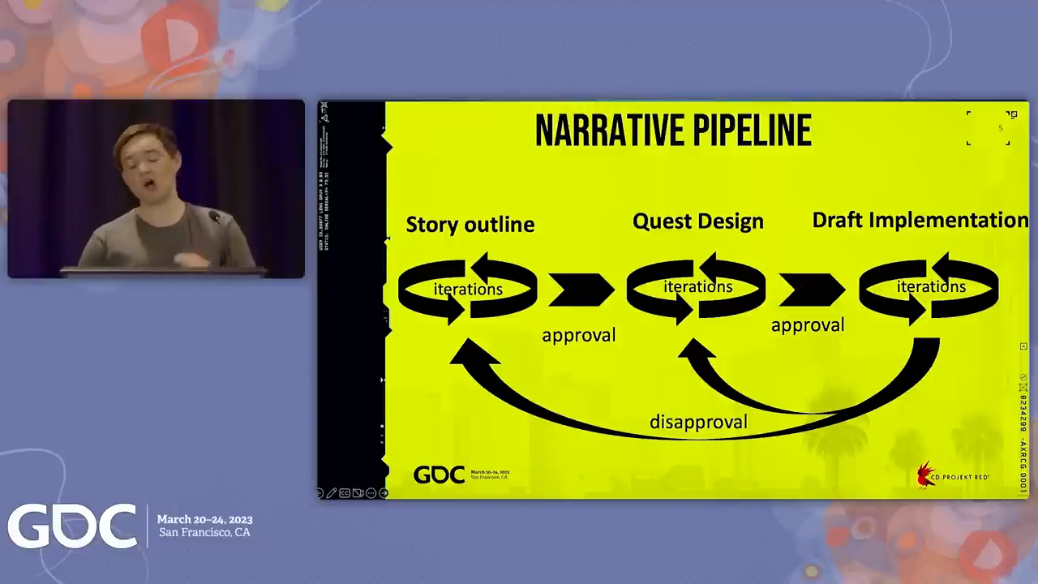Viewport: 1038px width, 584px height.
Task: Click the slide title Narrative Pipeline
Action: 673,131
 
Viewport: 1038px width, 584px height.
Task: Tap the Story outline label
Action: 470,225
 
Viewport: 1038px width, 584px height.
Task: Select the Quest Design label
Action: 697,221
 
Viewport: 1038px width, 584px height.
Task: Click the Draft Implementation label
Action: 920,220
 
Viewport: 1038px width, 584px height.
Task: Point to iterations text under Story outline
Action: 468,289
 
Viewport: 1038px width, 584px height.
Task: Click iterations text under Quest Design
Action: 697,286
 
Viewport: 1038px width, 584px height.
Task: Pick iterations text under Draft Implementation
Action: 930,286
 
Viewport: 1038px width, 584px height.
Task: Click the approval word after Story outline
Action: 578,335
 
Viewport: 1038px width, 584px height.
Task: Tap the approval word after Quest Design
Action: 807,325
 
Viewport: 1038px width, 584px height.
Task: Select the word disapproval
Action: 698,422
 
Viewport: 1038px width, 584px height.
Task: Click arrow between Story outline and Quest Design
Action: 581,290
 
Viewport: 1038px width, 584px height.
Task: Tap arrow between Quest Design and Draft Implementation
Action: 811,290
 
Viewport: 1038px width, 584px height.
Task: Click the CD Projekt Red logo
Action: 952,475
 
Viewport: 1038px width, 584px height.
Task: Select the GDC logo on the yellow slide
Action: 440,474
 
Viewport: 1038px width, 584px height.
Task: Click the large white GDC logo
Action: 72,526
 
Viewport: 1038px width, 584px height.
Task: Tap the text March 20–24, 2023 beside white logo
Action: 204,519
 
